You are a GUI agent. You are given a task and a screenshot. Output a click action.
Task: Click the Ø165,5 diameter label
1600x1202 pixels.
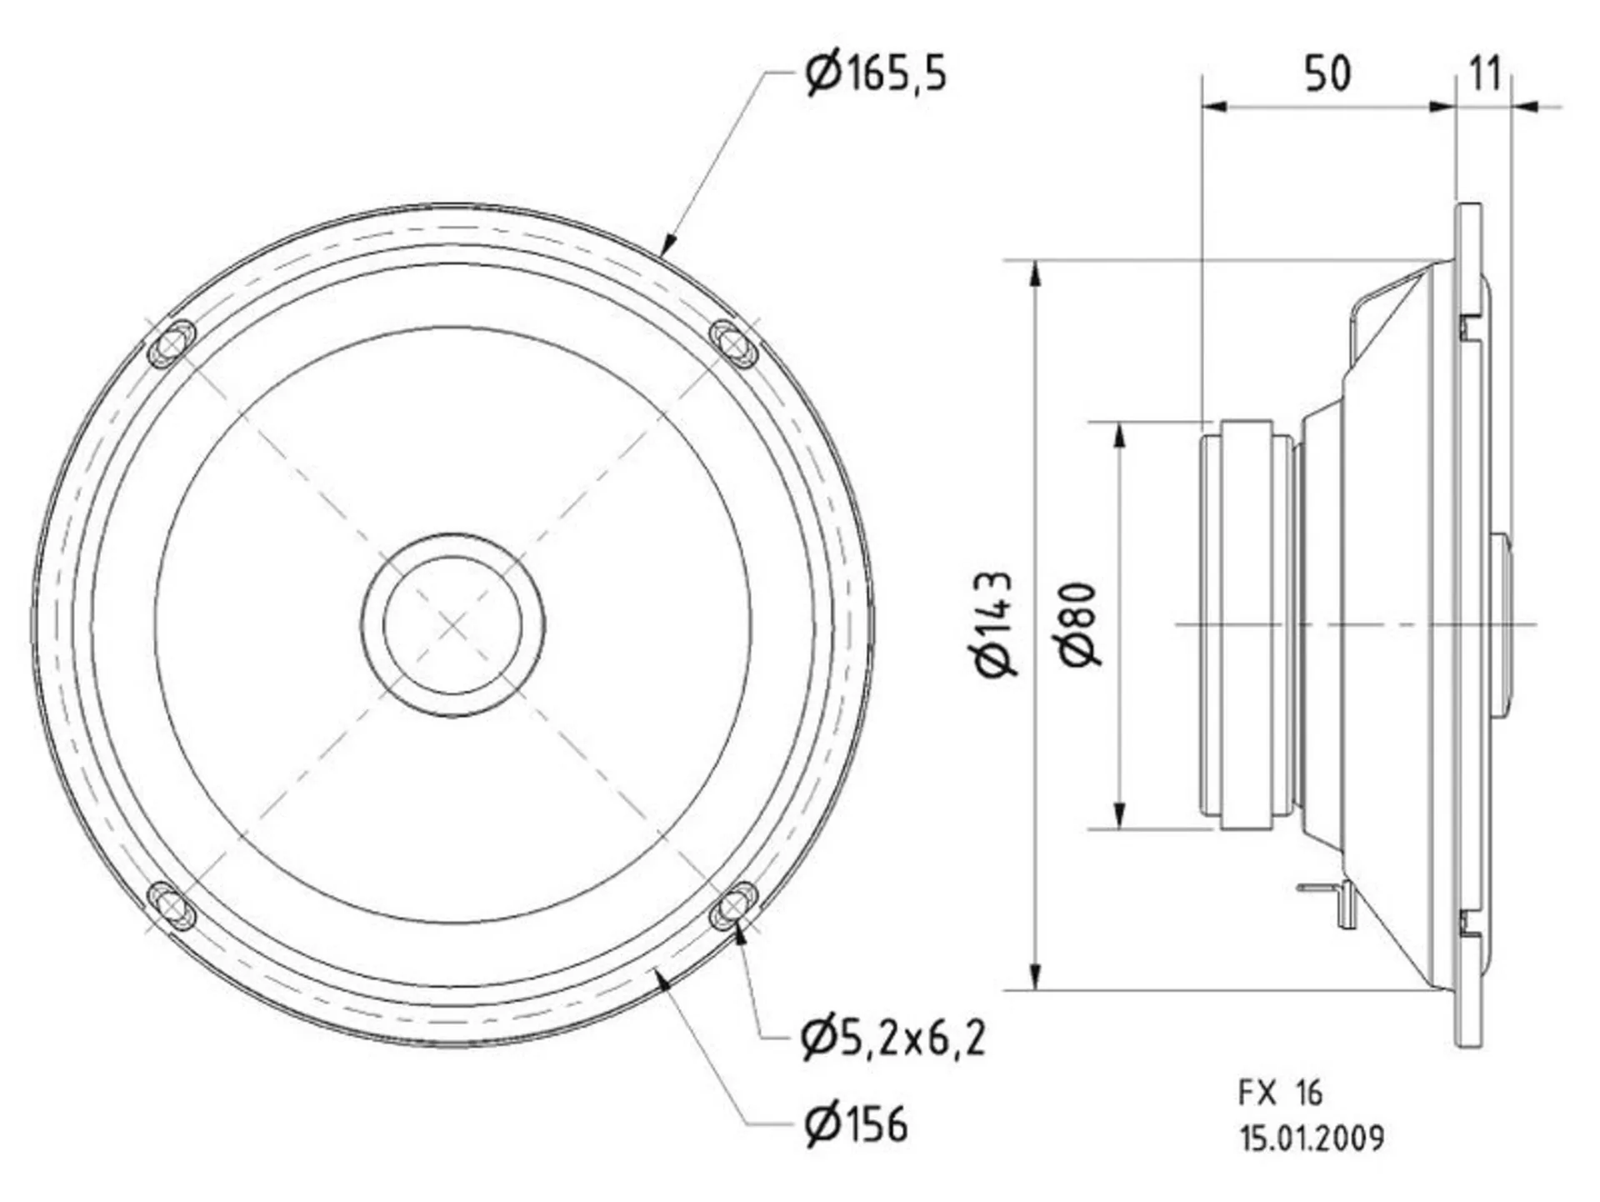tap(876, 73)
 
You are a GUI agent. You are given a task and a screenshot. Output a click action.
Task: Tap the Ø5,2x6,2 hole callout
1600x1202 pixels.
tap(893, 1038)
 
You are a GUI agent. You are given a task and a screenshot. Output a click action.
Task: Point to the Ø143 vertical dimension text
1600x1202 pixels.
tap(994, 624)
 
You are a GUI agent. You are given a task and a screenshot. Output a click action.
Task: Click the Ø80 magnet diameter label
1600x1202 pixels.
tap(1081, 624)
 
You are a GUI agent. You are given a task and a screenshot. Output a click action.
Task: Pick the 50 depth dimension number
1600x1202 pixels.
tap(1327, 73)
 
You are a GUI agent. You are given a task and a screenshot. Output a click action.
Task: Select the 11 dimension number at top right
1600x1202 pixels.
tap(1484, 73)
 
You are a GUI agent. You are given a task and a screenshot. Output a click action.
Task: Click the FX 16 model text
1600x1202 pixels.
tap(1280, 1092)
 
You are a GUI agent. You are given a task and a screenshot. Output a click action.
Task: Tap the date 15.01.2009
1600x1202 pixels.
tap(1312, 1138)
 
